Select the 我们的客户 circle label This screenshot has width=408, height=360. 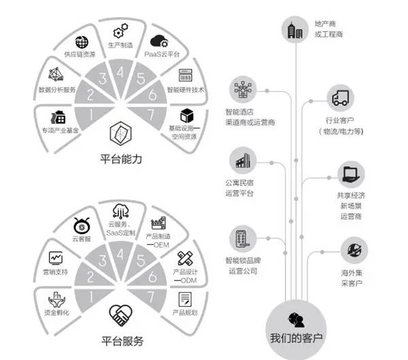tap(296, 338)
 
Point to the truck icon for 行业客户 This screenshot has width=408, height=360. tap(342, 97)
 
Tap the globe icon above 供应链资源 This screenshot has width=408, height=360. tap(82, 40)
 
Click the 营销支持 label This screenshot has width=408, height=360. tap(54, 271)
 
